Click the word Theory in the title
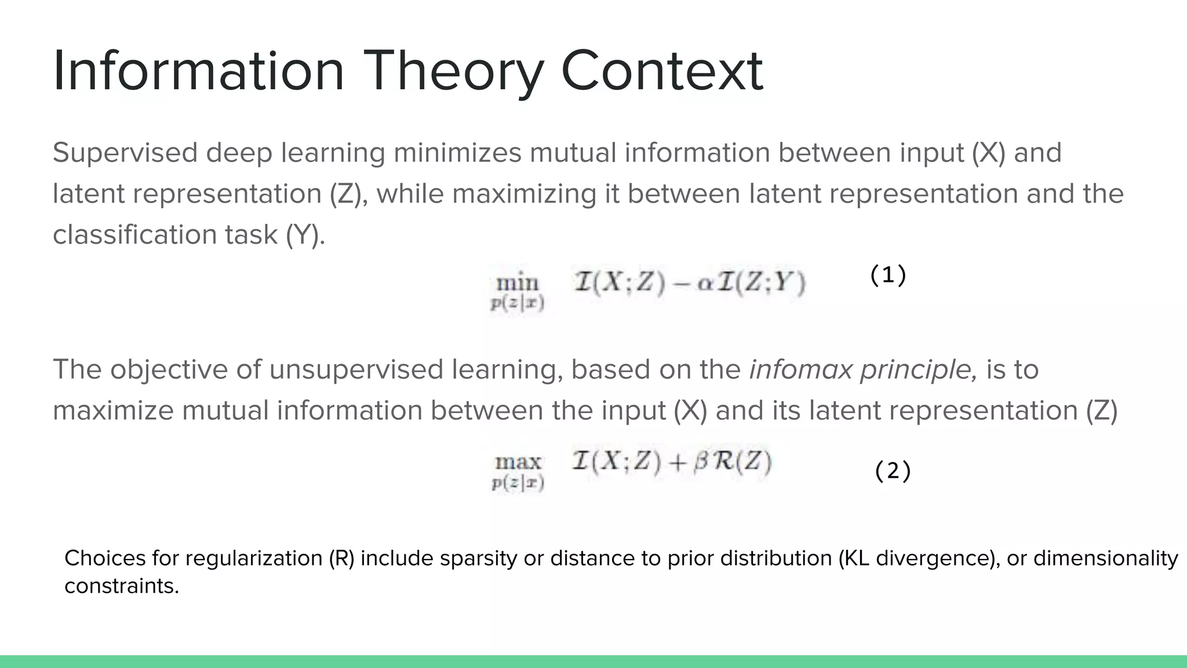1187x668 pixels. click(x=454, y=72)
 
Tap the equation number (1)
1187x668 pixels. click(x=888, y=275)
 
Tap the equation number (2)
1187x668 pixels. click(x=893, y=471)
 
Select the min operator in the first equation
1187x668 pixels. click(x=518, y=284)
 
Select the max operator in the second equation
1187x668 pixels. click(x=518, y=462)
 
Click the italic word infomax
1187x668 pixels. click(x=800, y=369)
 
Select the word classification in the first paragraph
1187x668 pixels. click(x=134, y=235)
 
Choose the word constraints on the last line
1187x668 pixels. click(x=121, y=586)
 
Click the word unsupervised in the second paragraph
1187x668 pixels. click(x=356, y=369)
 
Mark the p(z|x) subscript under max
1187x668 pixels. click(x=518, y=483)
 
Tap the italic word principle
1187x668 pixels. click(x=919, y=370)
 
